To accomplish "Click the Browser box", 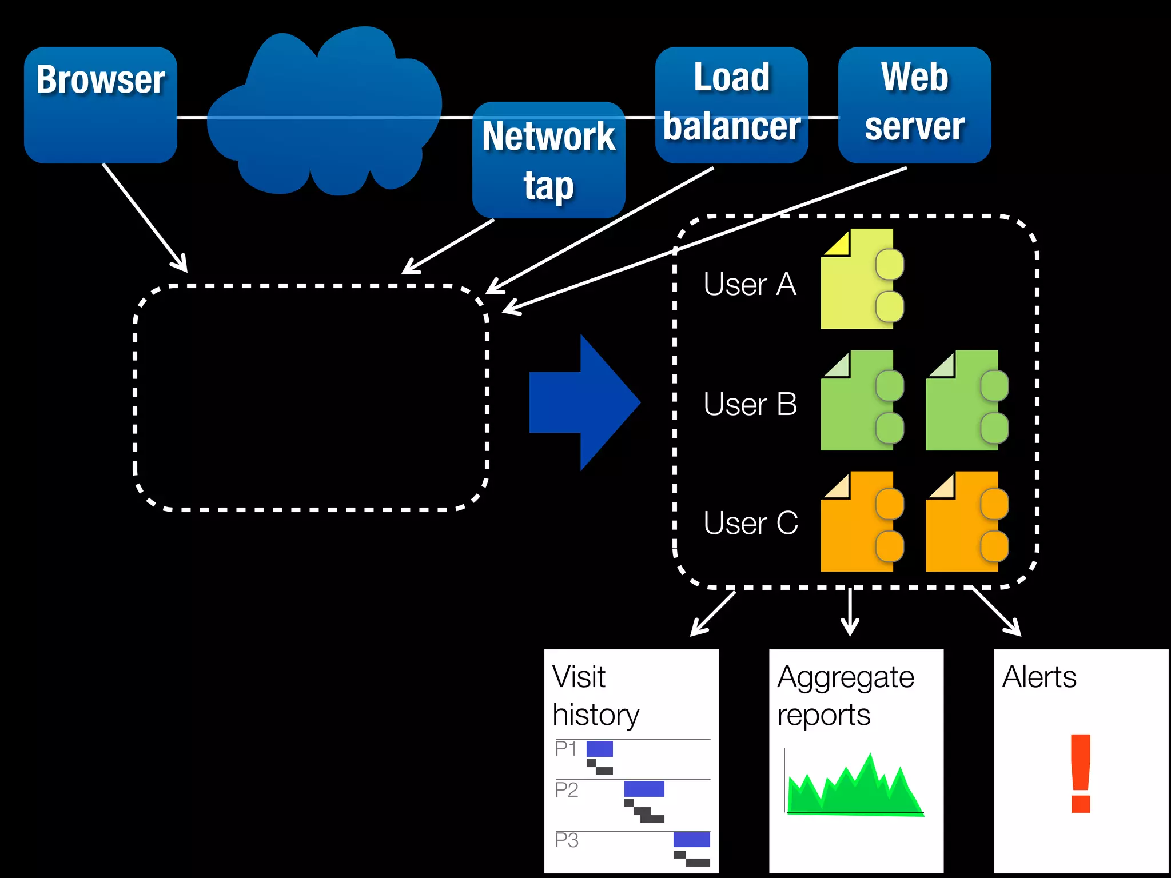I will [101, 105].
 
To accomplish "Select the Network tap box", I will [548, 160].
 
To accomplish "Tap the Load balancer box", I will [731, 105].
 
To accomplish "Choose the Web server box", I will [914, 105].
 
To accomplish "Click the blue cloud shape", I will [323, 114].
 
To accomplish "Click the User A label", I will [750, 284].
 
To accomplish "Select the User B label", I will [750, 404].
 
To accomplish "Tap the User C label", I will [750, 523].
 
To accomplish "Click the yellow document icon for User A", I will [858, 280].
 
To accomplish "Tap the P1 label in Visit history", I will [566, 748].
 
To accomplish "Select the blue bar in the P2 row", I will [644, 789].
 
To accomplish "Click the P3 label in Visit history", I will [567, 840].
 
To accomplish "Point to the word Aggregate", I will [845, 678].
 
